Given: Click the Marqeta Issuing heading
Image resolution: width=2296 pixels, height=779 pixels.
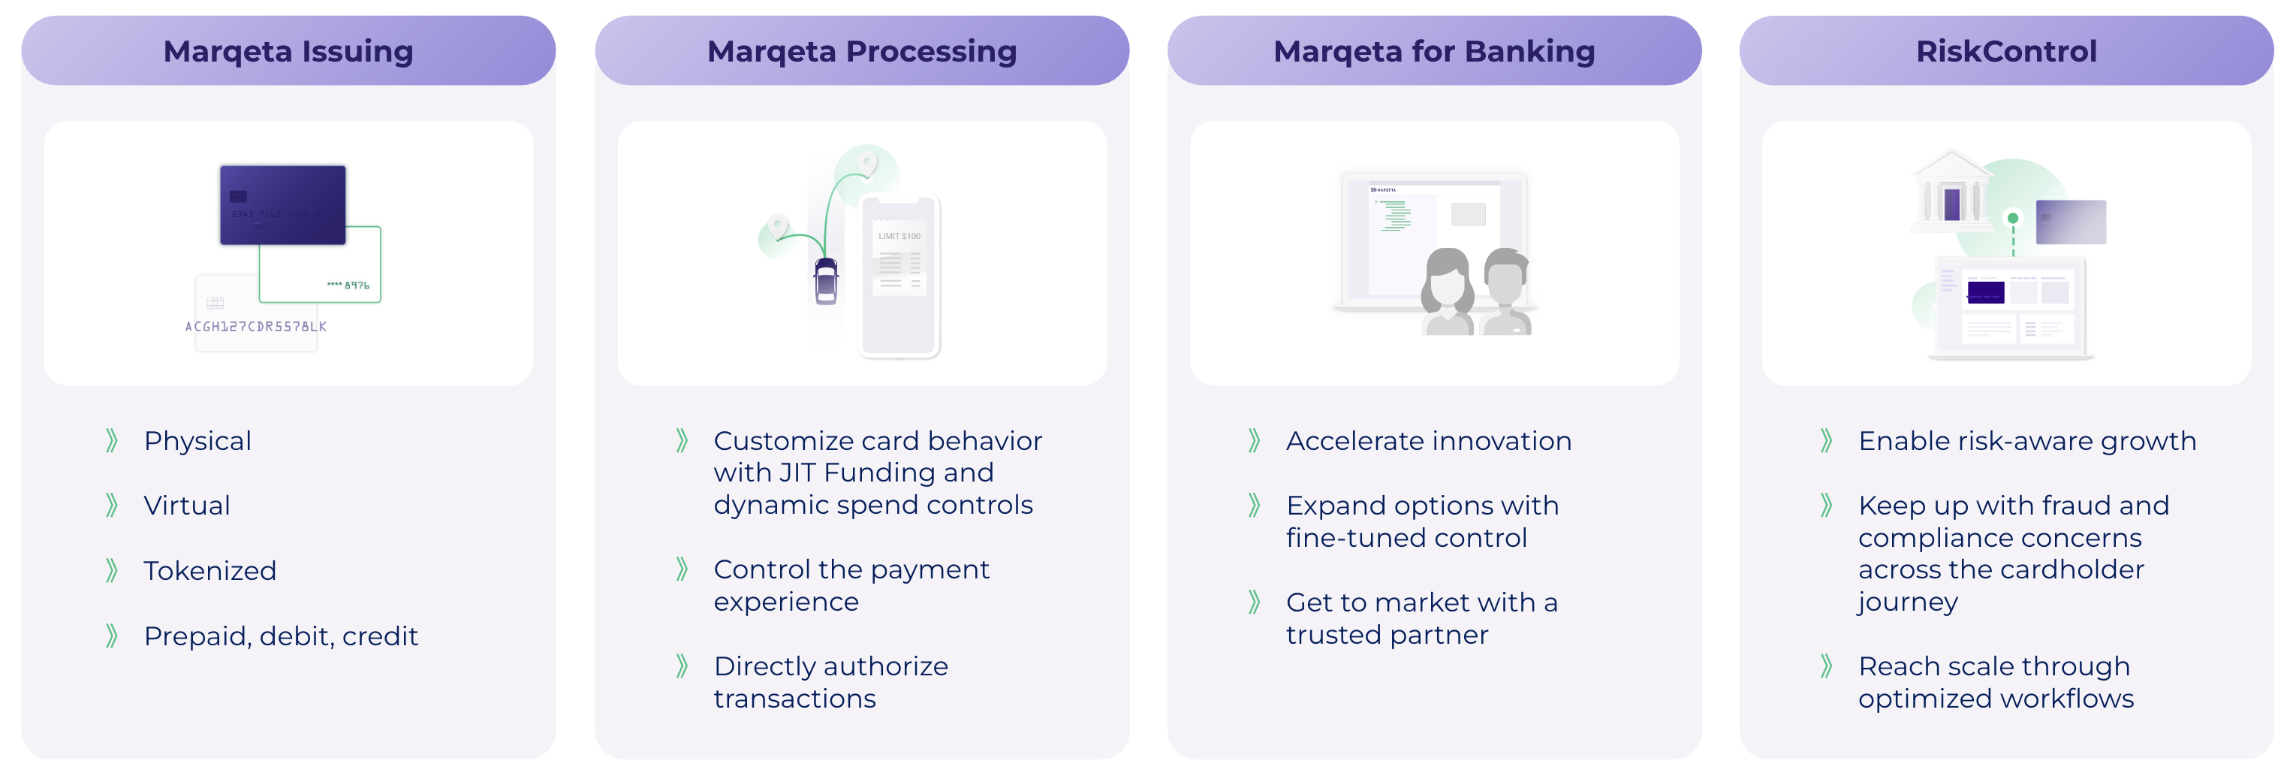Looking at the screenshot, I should point(288,52).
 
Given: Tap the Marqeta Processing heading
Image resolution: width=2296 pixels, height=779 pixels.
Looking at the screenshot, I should point(861,52).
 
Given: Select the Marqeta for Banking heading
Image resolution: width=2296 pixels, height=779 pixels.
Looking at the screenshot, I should point(1433,52).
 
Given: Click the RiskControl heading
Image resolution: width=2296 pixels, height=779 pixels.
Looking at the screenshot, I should point(2005,52).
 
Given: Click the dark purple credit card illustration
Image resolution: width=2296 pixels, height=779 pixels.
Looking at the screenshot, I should point(282,204).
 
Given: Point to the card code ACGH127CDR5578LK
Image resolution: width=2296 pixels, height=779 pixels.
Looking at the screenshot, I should point(256,327).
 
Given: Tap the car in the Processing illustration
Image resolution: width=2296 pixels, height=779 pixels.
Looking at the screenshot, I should point(826,280).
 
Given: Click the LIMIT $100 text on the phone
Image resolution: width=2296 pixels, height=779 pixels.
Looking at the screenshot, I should point(899,236).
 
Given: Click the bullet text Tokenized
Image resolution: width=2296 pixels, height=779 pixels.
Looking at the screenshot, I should point(209,570).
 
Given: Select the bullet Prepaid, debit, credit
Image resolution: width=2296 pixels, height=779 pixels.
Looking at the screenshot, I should point(281,636).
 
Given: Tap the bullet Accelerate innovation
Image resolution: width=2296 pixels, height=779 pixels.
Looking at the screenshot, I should point(1428,441).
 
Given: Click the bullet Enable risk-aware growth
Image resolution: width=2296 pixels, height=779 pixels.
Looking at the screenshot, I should point(2026,441).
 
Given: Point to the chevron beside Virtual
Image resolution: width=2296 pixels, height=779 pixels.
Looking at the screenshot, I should point(111,506).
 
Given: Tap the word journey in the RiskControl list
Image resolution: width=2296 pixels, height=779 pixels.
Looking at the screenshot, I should point(1907,603).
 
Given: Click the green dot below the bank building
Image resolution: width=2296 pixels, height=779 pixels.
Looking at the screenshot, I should point(2012,219).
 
